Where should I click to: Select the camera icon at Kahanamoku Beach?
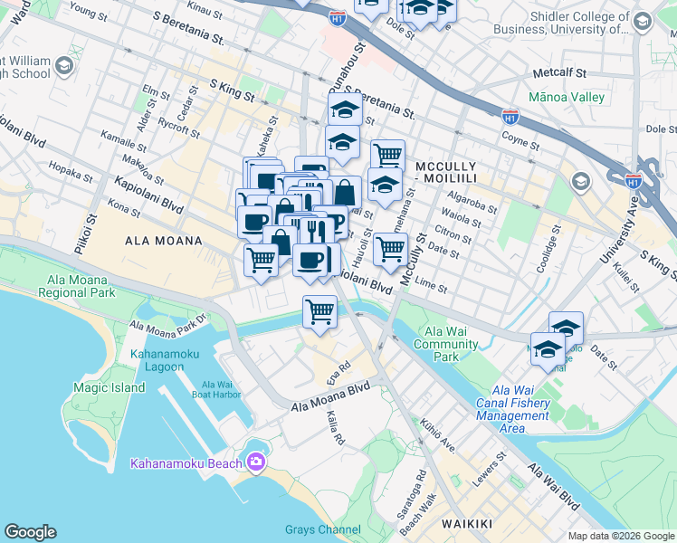(x=256, y=462)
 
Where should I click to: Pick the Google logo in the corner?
(x=30, y=532)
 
